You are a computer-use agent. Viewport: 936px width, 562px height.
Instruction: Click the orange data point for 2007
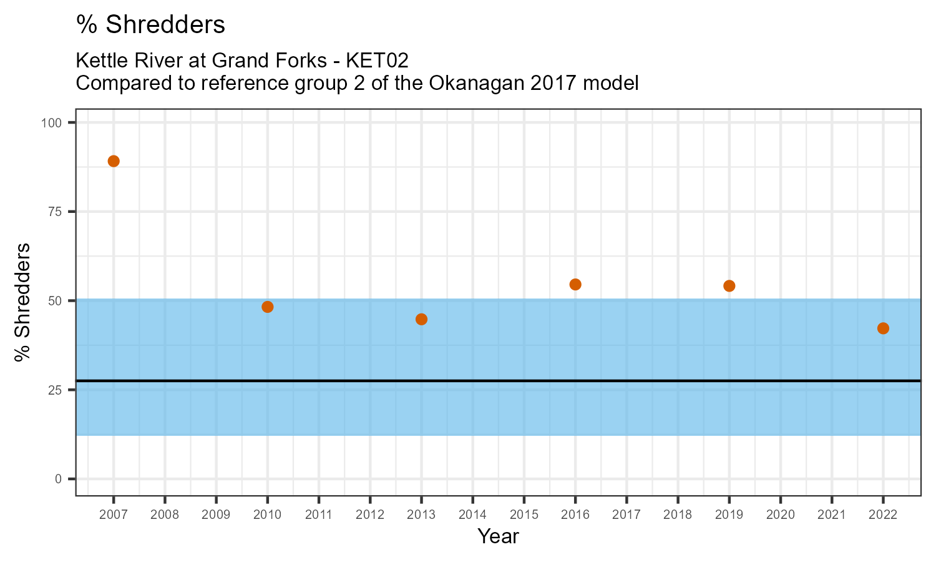tap(114, 161)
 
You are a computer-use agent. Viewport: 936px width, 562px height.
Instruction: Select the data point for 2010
tap(268, 307)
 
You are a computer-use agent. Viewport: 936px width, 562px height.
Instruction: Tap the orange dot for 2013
tap(421, 319)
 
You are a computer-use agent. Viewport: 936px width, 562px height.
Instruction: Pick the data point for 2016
tap(575, 284)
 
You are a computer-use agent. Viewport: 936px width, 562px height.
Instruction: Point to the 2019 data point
tap(729, 286)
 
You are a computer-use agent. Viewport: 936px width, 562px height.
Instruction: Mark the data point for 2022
tap(883, 328)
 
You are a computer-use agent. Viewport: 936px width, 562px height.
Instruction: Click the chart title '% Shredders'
tap(150, 25)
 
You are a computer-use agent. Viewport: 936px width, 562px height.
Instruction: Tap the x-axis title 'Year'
tap(498, 536)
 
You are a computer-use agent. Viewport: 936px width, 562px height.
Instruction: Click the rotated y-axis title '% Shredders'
tap(23, 302)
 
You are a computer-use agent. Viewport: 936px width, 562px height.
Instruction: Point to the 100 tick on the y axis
tap(51, 122)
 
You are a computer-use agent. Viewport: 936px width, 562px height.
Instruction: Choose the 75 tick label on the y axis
tap(54, 212)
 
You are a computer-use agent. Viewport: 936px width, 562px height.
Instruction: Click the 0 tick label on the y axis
tap(58, 479)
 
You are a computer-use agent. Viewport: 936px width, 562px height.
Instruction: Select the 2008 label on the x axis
tap(165, 515)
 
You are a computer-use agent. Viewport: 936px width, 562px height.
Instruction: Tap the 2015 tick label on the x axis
tap(524, 515)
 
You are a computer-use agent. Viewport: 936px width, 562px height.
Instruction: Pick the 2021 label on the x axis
tap(831, 515)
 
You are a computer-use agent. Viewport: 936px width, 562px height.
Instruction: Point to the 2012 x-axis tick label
tap(370, 515)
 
